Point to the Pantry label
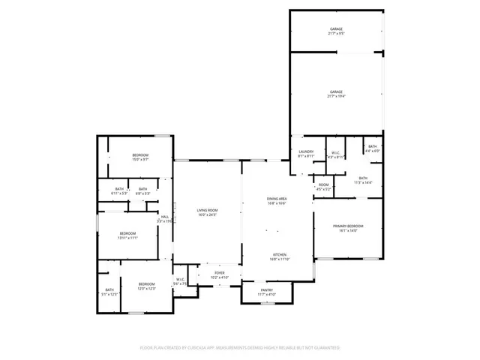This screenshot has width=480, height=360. [x=267, y=292]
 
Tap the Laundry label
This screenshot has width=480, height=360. [x=306, y=153]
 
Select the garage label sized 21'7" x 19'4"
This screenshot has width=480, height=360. [x=336, y=94]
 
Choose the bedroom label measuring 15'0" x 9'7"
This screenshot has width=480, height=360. [x=141, y=157]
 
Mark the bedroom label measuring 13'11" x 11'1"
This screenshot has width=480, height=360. [x=127, y=235]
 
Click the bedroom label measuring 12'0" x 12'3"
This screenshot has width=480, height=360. [x=146, y=286]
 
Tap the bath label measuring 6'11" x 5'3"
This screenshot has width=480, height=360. [x=120, y=191]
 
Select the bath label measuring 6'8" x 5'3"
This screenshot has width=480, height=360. [x=142, y=191]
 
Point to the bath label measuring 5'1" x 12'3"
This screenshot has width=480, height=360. [x=109, y=292]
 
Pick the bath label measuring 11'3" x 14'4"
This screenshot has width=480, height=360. [x=363, y=180]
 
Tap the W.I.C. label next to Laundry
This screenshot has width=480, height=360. [x=336, y=155]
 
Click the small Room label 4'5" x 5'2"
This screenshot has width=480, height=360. [x=323, y=187]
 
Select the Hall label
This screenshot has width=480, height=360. [x=164, y=219]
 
